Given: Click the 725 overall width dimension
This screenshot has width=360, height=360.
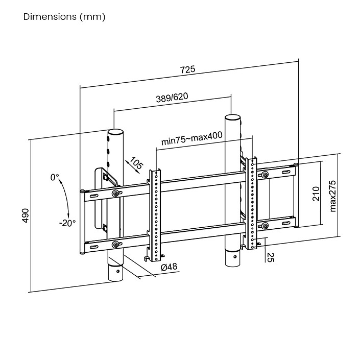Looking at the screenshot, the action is click(187, 69).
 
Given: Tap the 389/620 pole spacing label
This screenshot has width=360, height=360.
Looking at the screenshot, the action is click(172, 98).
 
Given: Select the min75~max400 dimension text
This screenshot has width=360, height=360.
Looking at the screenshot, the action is click(191, 138).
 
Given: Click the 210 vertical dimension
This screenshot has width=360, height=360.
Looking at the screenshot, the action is click(316, 194).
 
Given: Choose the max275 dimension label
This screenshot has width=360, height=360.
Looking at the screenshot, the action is click(332, 196).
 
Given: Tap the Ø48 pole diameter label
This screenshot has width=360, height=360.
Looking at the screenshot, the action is click(169, 267).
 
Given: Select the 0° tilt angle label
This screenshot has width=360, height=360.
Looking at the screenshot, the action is click(55, 177).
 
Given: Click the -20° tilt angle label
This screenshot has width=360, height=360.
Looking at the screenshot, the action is click(67, 223).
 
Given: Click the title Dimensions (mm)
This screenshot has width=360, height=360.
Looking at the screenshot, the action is click(64, 17).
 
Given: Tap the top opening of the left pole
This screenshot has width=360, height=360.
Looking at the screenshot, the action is click(115, 132).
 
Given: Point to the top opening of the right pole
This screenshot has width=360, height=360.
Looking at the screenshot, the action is click(232, 117).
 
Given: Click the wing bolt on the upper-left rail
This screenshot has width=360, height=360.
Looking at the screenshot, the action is click(116, 194).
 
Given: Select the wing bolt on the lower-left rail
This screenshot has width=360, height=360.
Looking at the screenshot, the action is click(115, 245).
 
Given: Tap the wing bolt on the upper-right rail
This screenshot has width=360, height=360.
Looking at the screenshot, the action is click(265, 175).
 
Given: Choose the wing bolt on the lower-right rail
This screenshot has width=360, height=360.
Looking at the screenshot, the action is click(265, 226).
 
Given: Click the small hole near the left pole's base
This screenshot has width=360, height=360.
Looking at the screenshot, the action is click(118, 271).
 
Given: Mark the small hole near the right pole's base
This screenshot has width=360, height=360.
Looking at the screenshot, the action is click(235, 256).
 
